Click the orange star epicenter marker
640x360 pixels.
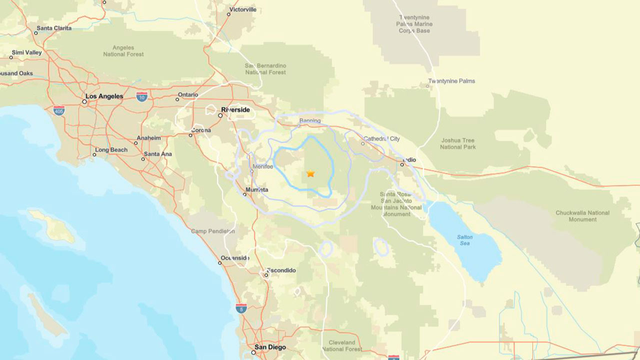310,173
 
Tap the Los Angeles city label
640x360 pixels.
104,96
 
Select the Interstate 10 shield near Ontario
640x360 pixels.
142,96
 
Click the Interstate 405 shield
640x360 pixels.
59,110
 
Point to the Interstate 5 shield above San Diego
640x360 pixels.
241,308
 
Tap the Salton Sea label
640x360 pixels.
465,240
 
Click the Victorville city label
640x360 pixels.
242,9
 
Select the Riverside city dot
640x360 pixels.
220,115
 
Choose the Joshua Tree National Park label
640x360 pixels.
457,144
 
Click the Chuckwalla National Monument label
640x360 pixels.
582,216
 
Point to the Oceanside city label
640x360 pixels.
235,258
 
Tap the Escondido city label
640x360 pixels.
281,270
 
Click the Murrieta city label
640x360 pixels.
256,190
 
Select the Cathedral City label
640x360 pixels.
381,138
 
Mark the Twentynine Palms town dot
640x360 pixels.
427,86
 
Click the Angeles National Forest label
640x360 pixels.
123,51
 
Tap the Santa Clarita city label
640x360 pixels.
54,28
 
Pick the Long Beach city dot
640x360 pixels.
94,154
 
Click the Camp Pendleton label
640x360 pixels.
212,231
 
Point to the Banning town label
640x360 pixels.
309,121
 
